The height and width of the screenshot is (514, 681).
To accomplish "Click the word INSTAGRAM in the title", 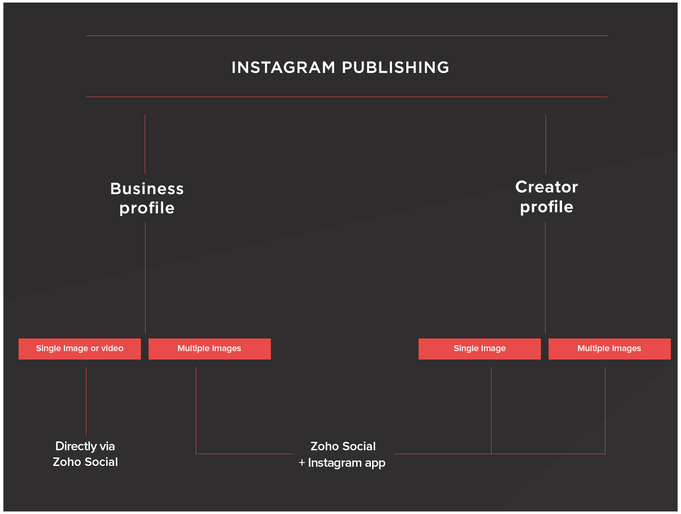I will click(x=283, y=68).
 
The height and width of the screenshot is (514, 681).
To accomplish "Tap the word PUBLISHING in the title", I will click(x=395, y=68).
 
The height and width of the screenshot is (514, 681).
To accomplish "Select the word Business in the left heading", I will click(x=147, y=189).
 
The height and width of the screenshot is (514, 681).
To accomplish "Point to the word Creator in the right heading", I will click(x=546, y=187).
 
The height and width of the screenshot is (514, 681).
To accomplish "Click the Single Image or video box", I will click(x=80, y=349).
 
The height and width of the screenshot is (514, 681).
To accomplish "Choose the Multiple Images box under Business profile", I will click(x=209, y=349).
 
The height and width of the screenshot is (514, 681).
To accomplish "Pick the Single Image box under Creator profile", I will click(x=479, y=349).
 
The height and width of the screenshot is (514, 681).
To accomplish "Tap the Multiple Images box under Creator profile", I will click(x=609, y=349).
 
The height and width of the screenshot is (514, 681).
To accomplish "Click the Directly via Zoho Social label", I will click(x=85, y=454).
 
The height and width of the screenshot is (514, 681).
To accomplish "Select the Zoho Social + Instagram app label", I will click(x=343, y=454).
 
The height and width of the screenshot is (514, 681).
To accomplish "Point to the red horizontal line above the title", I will click(x=346, y=36).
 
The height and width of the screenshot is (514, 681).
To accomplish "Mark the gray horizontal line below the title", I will click(x=346, y=97).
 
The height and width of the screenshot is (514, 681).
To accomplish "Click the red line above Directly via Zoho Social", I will click(x=86, y=401).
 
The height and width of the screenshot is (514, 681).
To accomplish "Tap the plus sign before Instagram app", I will click(x=302, y=463).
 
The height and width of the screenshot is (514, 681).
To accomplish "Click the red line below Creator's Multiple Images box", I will click(x=605, y=409).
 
